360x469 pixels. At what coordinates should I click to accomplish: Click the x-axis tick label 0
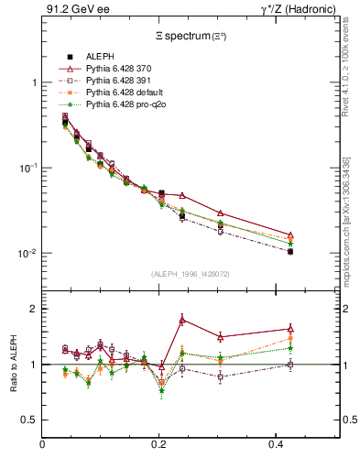pyautogui.click(x=43, y=446)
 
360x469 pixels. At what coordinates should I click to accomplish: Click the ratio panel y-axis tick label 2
pyautogui.click(x=33, y=309)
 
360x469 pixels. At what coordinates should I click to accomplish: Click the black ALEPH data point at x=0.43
pyautogui.click(x=290, y=251)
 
